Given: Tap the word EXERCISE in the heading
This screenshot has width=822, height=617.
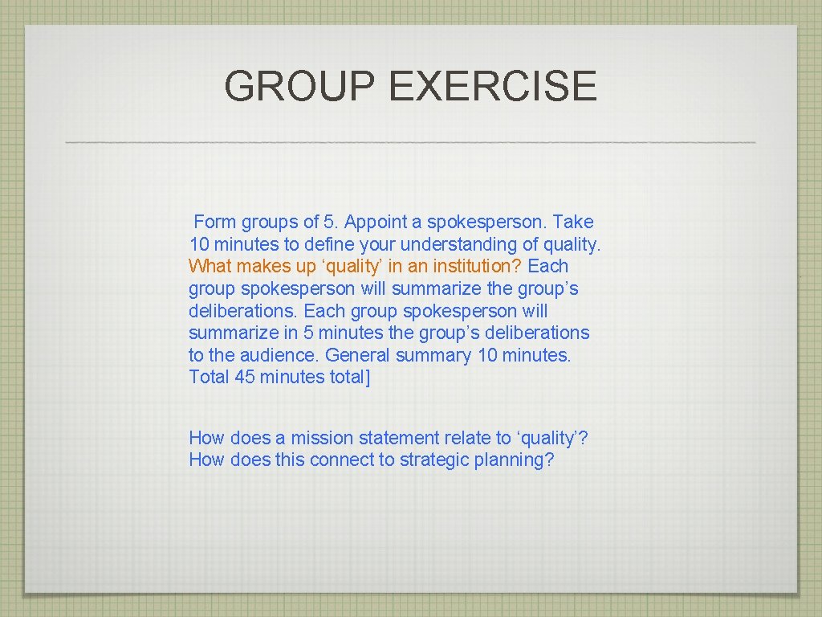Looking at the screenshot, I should tap(492, 86).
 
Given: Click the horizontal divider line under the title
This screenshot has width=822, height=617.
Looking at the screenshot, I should tap(410, 142).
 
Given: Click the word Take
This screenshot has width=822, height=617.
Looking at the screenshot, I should tap(573, 222).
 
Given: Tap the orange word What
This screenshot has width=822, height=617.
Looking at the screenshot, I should tap(209, 266).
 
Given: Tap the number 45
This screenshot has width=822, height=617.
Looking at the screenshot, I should tap(245, 377).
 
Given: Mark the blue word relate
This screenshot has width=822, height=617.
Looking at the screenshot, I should tap(468, 438).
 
